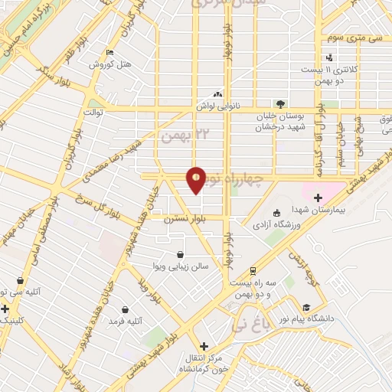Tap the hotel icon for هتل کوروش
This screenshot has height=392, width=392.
click(109, 53)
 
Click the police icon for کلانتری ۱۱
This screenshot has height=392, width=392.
click(329, 57)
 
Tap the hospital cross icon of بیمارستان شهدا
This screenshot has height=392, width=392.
click(318, 198)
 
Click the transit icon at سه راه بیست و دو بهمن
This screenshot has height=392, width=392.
click(252, 271)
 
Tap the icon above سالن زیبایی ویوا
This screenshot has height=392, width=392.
click(179, 255)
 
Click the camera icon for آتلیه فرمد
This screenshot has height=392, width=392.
click(125, 310)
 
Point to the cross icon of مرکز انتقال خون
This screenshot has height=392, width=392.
click(204, 345)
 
